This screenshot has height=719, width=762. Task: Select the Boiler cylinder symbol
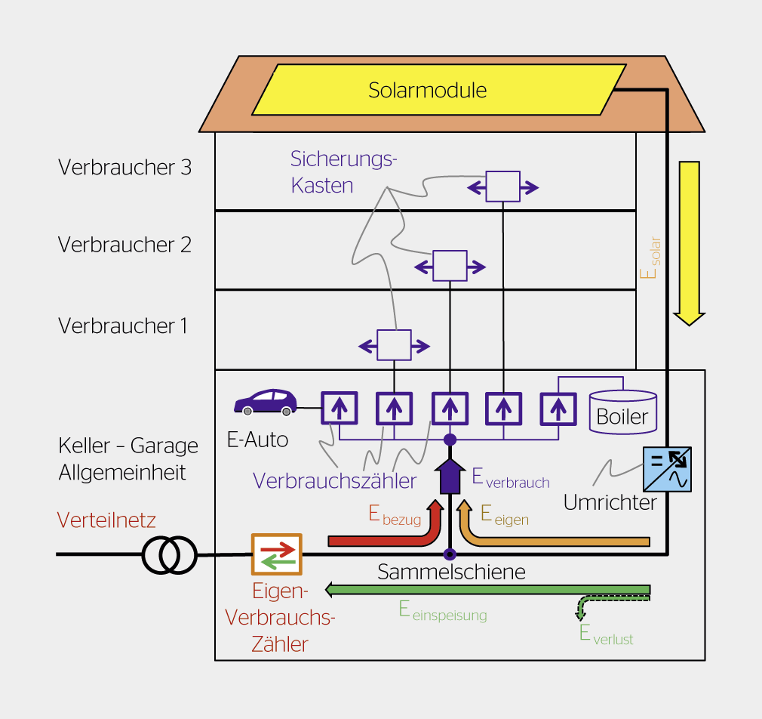coord(622,412)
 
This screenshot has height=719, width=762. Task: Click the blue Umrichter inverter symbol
coord(666,469)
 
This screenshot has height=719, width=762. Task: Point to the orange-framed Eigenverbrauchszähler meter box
coord(276,554)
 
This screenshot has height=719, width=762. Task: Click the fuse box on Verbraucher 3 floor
coord(502,187)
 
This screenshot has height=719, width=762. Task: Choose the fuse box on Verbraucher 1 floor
coord(394,345)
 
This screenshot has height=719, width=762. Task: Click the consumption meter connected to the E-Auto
coord(340,409)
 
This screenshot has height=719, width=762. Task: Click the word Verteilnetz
coord(106,520)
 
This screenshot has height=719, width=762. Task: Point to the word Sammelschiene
coord(451,572)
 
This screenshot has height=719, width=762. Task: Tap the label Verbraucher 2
coord(124,245)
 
